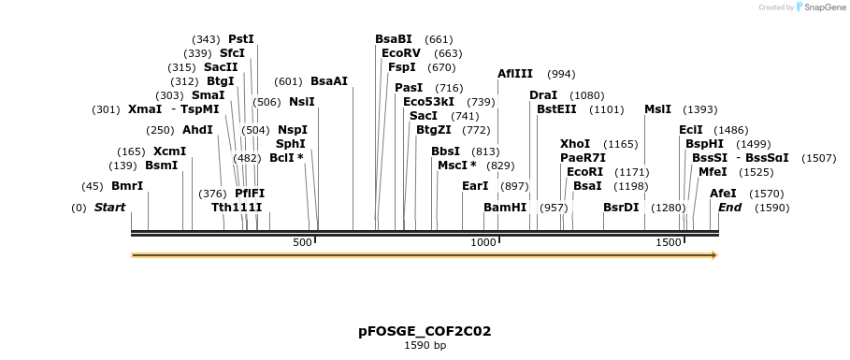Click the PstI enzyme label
pos(241,39)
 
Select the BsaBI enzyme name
pos(393,39)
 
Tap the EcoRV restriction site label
pos(401,53)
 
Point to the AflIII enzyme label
pos(515,74)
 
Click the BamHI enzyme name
pos(505,207)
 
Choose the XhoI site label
pos(575,144)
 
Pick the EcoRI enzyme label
pos(584,172)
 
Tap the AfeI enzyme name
pos(723,194)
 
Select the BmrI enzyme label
pos(127,186)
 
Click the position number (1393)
pos(700,109)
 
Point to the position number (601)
pos(288,81)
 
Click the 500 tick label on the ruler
pos(302,243)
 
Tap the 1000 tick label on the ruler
pos(483,243)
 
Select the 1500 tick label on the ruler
pos(669,243)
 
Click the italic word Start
pos(110,207)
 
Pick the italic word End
pos(729,207)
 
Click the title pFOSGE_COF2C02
pos(425,331)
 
